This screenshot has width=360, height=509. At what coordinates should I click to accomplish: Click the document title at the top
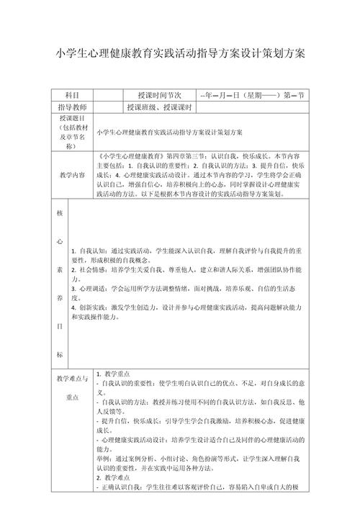click(180, 54)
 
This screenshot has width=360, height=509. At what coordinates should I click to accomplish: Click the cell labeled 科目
click(72, 95)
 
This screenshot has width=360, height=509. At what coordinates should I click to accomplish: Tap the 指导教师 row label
click(72, 107)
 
